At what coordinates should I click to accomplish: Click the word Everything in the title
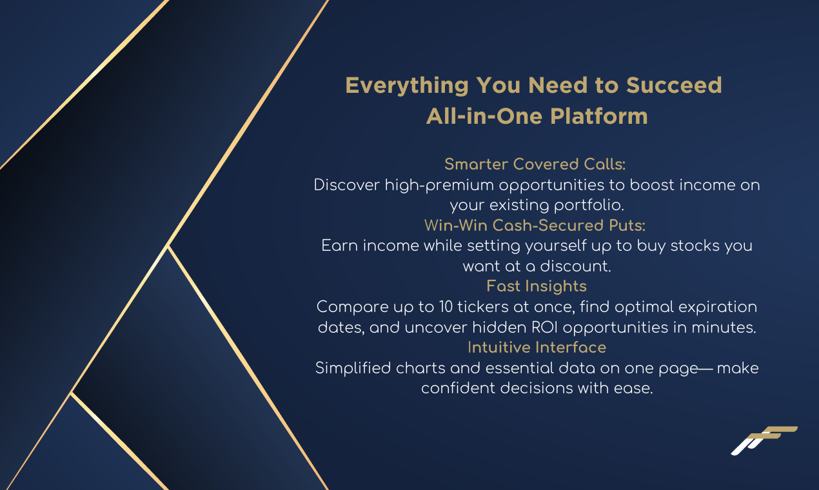coord(407,86)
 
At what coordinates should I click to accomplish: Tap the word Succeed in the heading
coord(674,85)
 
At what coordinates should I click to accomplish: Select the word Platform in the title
coord(599,116)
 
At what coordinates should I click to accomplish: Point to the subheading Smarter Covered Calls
coord(535,164)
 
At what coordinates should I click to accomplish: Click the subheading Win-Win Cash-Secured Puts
coord(535,225)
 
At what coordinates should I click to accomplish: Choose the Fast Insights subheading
coord(537,286)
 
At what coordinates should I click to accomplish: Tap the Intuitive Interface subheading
coord(537,347)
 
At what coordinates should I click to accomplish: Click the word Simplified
coord(353,368)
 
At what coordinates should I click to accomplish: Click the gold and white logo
coord(764,440)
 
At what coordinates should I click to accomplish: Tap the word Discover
coord(346,185)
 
